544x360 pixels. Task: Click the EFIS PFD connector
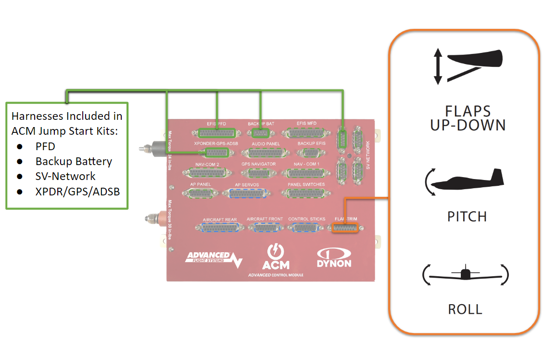click(x=216, y=133)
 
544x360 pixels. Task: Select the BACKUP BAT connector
click(x=260, y=133)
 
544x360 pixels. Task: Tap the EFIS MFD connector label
click(x=306, y=124)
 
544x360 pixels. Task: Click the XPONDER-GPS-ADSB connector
click(x=216, y=153)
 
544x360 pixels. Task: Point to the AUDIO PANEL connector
click(x=266, y=153)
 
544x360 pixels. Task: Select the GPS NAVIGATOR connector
click(x=258, y=173)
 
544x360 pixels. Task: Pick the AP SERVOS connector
click(x=250, y=193)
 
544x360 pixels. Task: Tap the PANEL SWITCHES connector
click(x=306, y=193)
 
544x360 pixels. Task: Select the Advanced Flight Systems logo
click(x=213, y=258)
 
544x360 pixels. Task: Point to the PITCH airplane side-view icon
click(x=465, y=181)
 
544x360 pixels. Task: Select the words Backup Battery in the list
click(x=74, y=161)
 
